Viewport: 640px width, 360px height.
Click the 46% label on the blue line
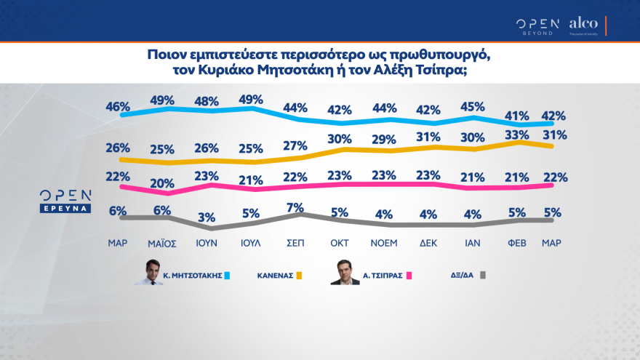(x=118, y=107)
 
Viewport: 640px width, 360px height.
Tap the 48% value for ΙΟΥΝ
(x=208, y=101)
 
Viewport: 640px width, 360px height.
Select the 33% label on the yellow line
(x=517, y=135)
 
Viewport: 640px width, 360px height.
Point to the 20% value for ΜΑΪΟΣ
(x=162, y=183)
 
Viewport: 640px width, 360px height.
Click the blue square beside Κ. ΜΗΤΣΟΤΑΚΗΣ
(x=227, y=276)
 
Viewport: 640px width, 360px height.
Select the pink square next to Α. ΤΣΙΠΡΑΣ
(x=409, y=276)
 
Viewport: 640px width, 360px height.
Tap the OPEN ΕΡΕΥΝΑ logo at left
(x=65, y=201)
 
